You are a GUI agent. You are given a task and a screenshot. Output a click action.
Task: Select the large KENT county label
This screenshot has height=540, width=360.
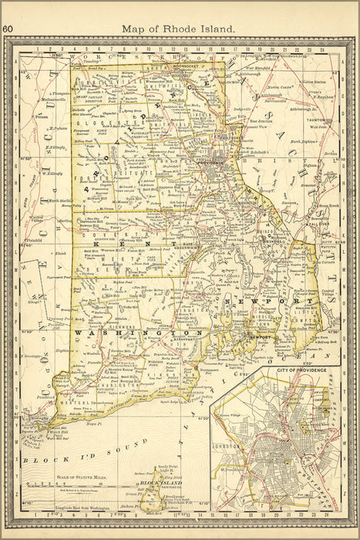[143, 241]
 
